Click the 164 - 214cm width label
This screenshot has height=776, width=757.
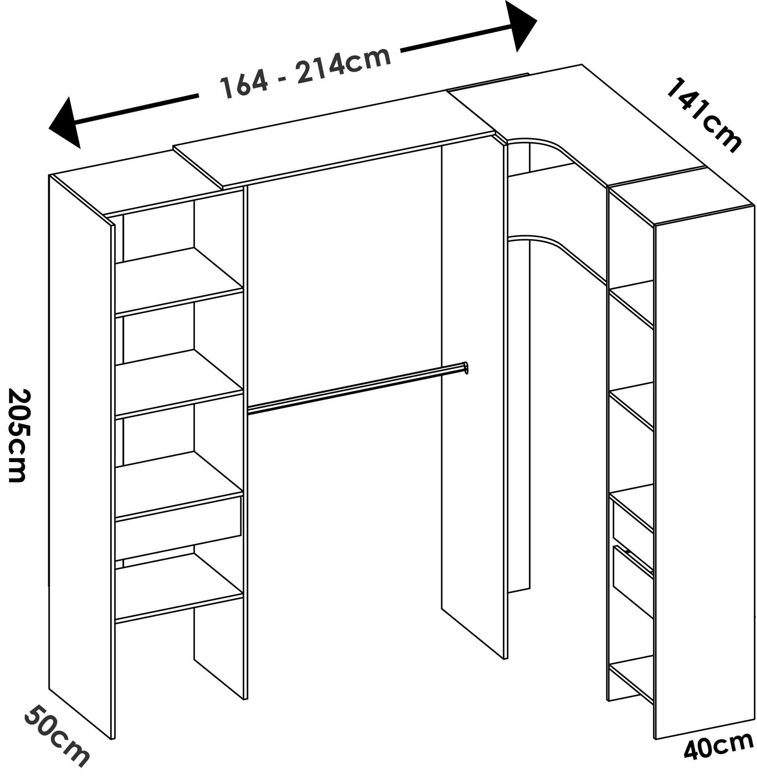[x=306, y=72]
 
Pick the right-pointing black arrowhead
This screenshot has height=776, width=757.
[x=521, y=26]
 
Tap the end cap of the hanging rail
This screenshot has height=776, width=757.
[x=466, y=368]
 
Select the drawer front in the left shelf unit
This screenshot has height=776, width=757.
[x=178, y=529]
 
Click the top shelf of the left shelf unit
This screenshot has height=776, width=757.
[x=179, y=281]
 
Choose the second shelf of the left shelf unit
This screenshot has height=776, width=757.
[x=179, y=383]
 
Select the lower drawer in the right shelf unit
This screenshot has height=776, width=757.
[x=633, y=582]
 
